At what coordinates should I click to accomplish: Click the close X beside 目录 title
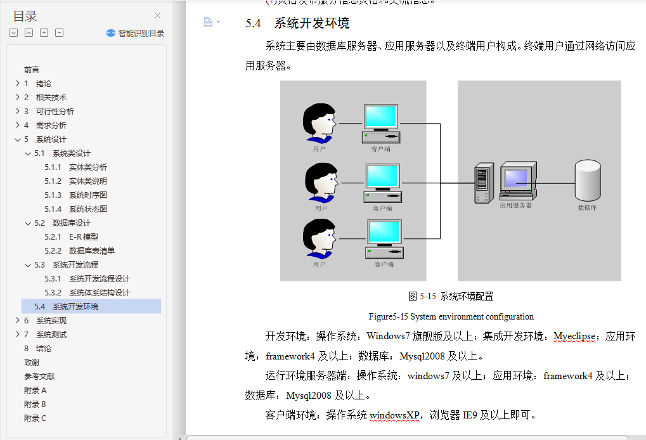pyautogui.click(x=157, y=16)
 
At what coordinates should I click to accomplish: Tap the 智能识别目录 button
pyautogui.click(x=136, y=33)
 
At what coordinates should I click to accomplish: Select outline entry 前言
pyautogui.click(x=32, y=70)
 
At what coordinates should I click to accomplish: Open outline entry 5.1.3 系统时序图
pyautogui.click(x=75, y=195)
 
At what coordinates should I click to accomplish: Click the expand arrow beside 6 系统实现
pyautogui.click(x=17, y=321)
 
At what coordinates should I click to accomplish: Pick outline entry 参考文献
pyautogui.click(x=39, y=377)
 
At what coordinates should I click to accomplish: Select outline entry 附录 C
pyautogui.click(x=35, y=418)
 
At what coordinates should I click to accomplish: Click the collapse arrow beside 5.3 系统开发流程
pyautogui.click(x=27, y=265)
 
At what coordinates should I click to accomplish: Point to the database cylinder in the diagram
pyautogui.click(x=587, y=179)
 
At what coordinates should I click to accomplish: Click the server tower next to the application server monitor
pyautogui.click(x=484, y=183)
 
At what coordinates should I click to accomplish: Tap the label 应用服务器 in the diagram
pyautogui.click(x=515, y=205)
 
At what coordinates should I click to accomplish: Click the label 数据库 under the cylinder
pyautogui.click(x=587, y=207)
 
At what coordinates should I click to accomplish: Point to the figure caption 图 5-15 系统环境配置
pyautogui.click(x=451, y=296)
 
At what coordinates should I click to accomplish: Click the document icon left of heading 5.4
pyautogui.click(x=208, y=22)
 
